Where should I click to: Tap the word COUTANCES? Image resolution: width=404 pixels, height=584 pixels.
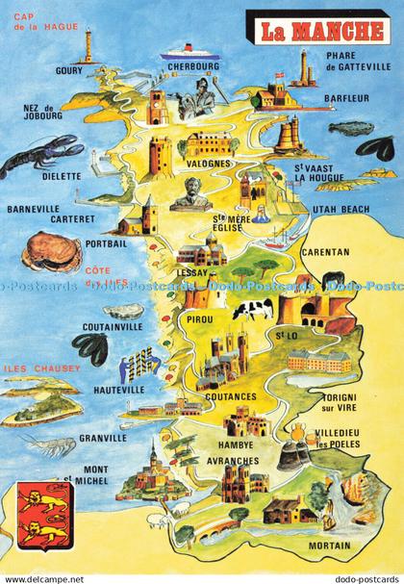[x=230, y=395]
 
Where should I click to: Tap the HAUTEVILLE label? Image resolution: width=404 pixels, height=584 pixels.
[x=119, y=390]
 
